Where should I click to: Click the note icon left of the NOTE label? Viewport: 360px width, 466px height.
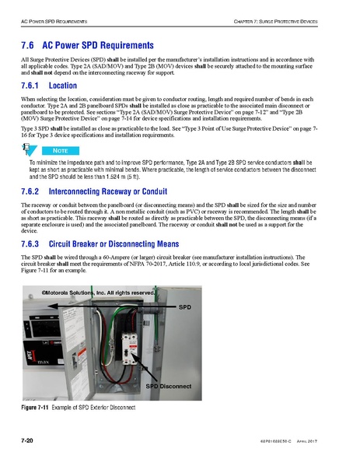pos(30,149)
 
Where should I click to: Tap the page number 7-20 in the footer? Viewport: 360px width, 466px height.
pos(30,441)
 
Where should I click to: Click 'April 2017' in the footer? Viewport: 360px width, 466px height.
pos(306,442)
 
